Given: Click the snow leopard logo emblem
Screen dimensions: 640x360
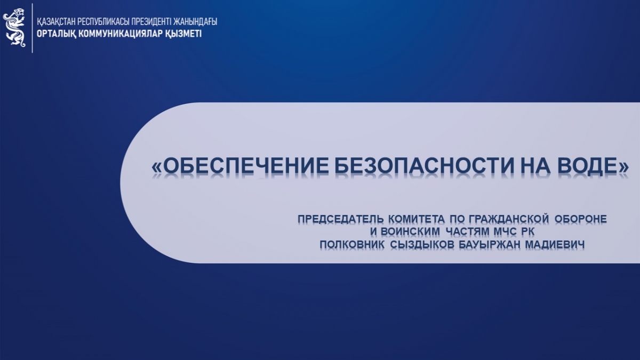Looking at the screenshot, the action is pyautogui.click(x=14, y=27).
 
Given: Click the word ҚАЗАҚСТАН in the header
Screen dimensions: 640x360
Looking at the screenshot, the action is pyautogui.click(x=56, y=22).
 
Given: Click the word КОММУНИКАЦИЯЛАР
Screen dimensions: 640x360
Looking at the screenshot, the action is pyautogui.click(x=121, y=34).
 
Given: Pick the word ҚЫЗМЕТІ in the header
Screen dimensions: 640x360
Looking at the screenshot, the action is pyautogui.click(x=183, y=34).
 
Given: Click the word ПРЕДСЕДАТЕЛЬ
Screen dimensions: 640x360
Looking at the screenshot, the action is pyautogui.click(x=341, y=219).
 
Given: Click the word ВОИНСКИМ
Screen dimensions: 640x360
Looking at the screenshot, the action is pyautogui.click(x=411, y=231).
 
